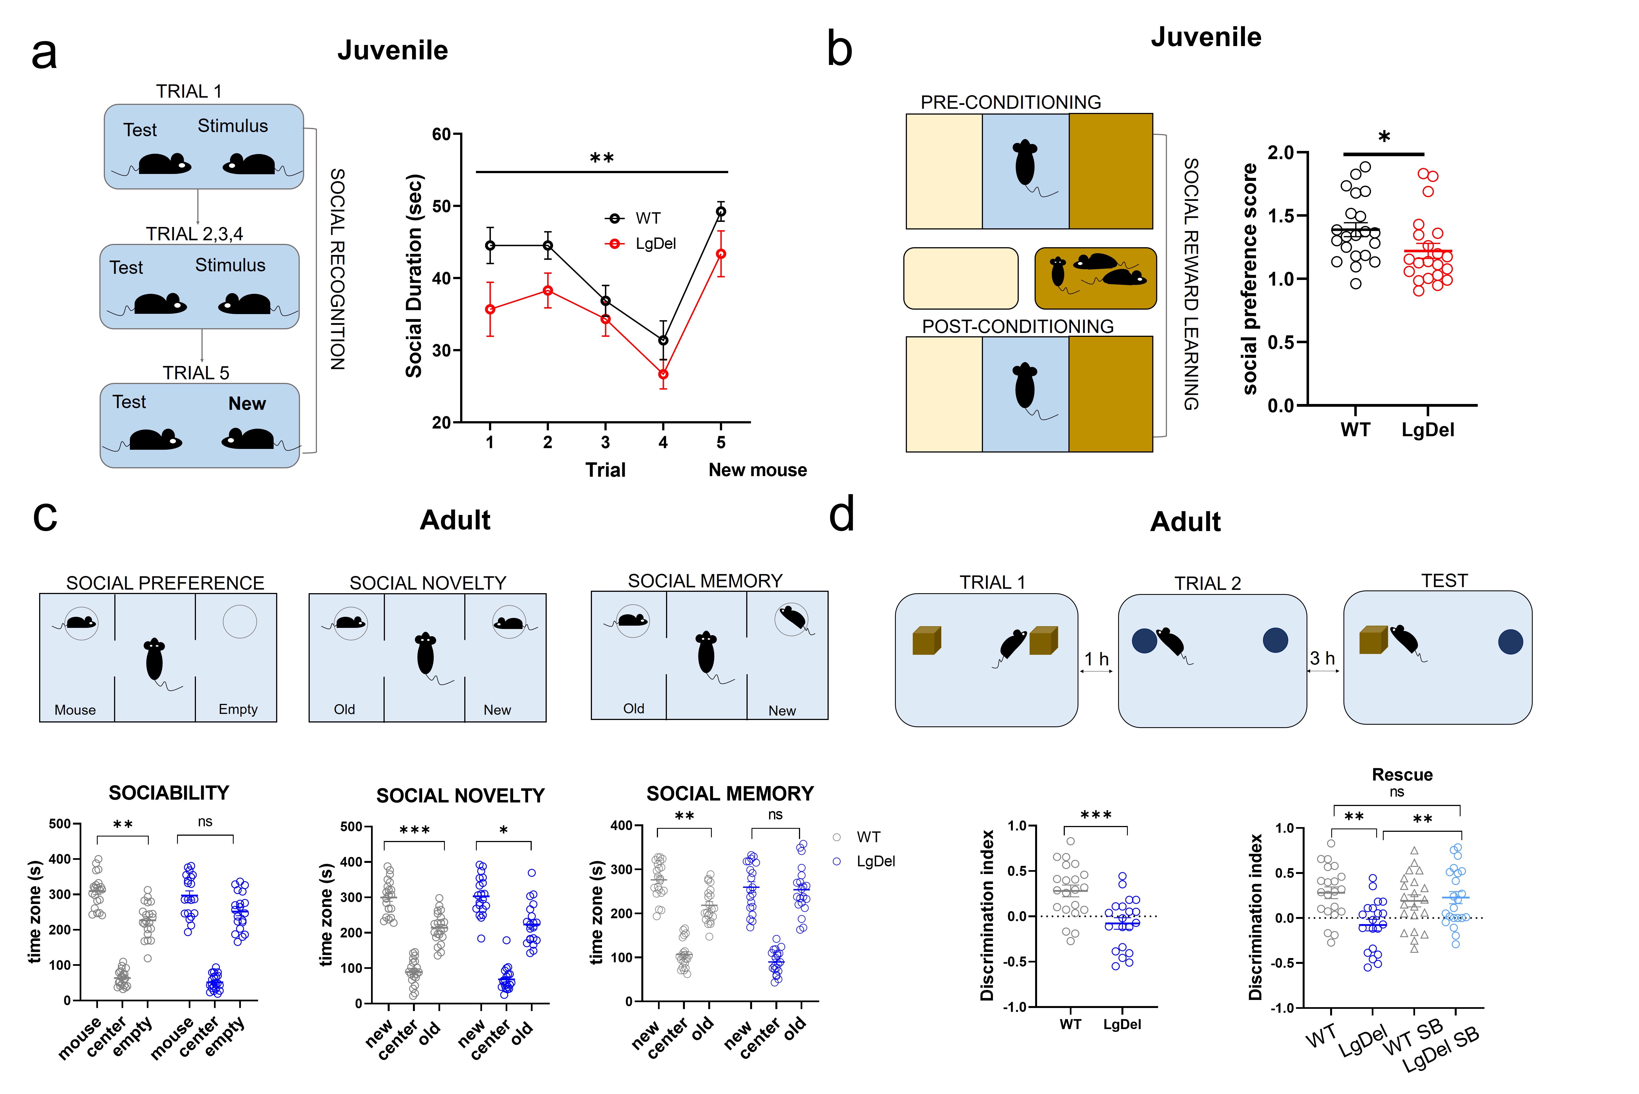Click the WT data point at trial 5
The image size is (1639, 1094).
pos(721,211)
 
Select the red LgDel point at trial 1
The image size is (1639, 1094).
pos(490,309)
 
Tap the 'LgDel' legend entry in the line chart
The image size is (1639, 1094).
pos(655,244)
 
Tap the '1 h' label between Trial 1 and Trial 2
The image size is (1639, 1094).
pos(1096,659)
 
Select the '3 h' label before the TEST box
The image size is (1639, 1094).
pos(1322,658)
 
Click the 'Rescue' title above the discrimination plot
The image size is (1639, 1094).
pos(1402,774)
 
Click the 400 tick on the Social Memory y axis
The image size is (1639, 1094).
pos(621,825)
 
